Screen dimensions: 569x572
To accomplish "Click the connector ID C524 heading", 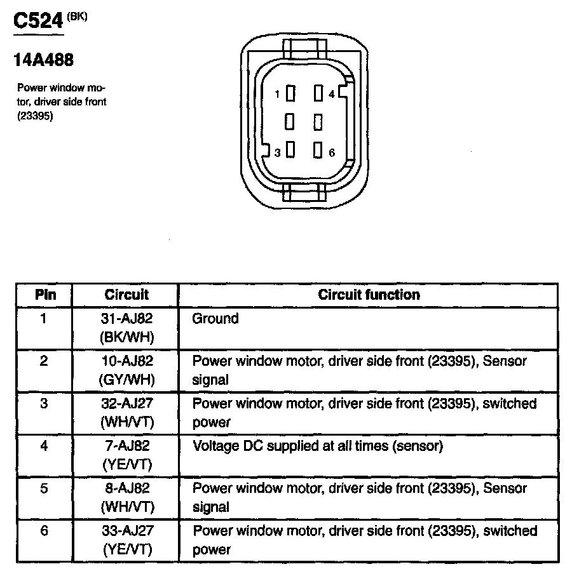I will [38, 22].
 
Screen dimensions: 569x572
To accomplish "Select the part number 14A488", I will [43, 61].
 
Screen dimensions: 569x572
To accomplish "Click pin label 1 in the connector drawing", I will [277, 95].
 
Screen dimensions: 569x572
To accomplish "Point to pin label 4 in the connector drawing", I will [332, 95].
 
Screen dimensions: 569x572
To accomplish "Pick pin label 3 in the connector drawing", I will [277, 152].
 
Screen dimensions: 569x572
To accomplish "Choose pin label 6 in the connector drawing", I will [332, 152].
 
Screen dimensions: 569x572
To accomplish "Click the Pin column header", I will [44, 295].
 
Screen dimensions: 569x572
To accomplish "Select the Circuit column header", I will [126, 295].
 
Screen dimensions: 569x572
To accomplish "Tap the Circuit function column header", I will [369, 295].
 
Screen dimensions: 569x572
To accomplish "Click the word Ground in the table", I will [215, 319].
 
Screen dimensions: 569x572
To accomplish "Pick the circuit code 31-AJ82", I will [126, 319].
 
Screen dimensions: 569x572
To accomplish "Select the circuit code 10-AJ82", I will [126, 361].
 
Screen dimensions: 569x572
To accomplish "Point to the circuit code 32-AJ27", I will [126, 404].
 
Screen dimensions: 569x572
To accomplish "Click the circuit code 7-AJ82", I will [126, 446].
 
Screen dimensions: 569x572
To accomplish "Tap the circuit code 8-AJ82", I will [126, 488].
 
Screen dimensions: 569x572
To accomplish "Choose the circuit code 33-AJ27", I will [126, 531].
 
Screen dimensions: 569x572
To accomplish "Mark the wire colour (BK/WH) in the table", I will [126, 337].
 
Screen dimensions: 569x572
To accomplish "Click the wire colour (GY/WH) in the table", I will [126, 380].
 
